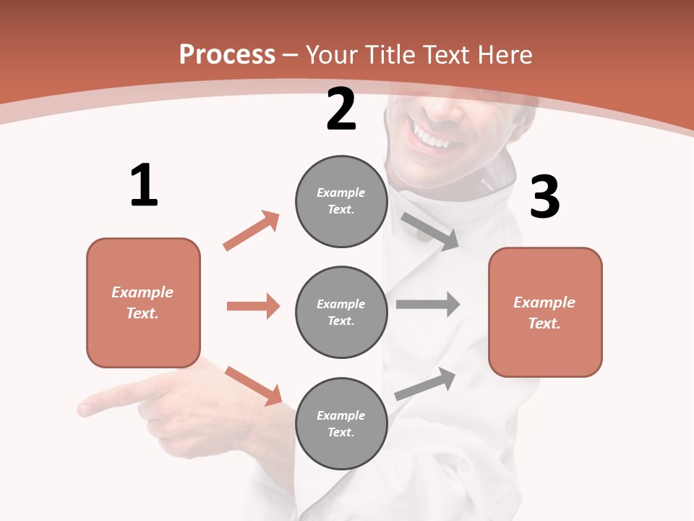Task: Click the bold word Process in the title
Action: (227, 55)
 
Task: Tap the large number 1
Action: (144, 185)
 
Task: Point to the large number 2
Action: (341, 109)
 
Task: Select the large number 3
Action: (544, 197)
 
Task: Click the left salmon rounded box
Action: (143, 302)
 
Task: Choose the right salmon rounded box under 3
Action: (545, 313)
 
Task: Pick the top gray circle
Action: (341, 201)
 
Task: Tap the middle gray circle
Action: (341, 312)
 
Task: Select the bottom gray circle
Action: (341, 423)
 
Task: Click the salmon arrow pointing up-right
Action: (252, 230)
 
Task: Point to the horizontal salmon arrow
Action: (253, 306)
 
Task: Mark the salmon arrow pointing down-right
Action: (253, 386)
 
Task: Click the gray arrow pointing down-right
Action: (430, 231)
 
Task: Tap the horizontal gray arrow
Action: (428, 304)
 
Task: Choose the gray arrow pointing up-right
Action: (426, 384)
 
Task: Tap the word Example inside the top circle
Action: (340, 192)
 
